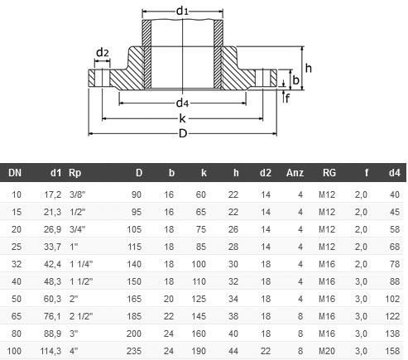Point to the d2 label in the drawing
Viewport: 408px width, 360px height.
coord(102,53)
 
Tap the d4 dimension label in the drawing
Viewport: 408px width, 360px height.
coord(183,103)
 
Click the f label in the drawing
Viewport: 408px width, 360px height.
coord(288,98)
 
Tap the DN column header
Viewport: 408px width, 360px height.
coord(15,173)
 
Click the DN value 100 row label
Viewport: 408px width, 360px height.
coord(15,351)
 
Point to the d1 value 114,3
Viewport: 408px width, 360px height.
coord(51,351)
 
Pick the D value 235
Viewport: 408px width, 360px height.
coord(136,351)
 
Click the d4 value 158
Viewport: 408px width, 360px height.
coord(393,351)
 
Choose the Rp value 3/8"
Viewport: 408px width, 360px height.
coord(78,194)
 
